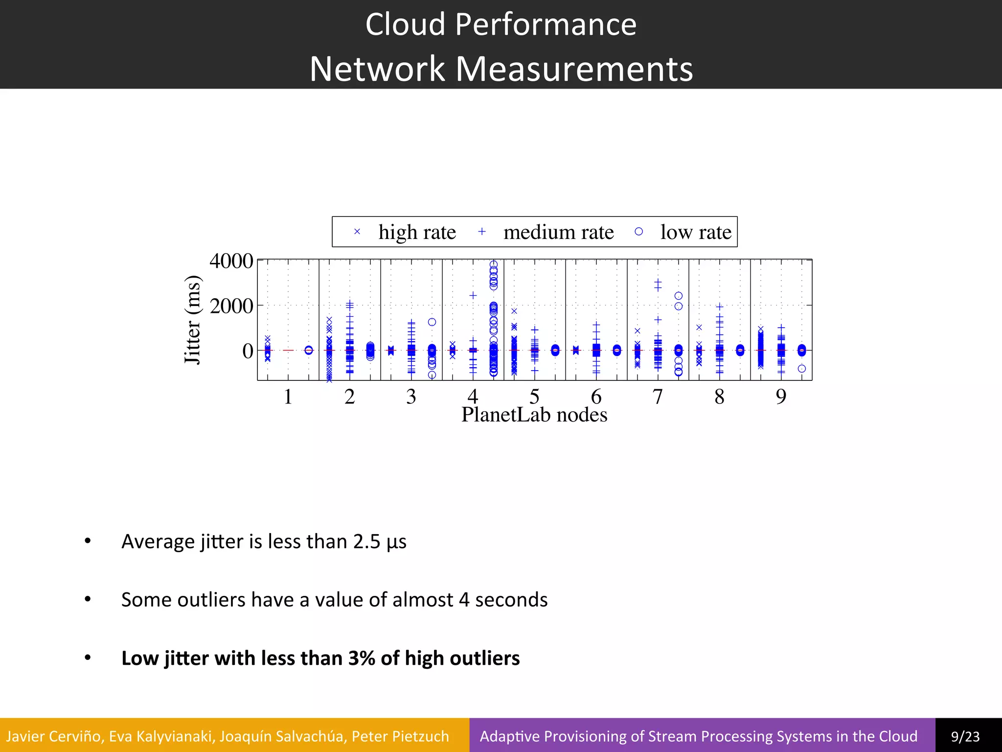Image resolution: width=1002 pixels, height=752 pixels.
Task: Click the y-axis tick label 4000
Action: [x=231, y=261]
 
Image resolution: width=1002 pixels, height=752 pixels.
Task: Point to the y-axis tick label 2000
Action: [x=231, y=306]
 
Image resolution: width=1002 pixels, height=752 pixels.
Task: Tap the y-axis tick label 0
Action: [x=248, y=351]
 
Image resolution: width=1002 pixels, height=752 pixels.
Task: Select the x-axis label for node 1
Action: [x=288, y=397]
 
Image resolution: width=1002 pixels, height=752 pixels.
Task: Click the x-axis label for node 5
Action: [x=534, y=397]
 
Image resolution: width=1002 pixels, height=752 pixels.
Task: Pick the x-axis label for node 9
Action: [x=781, y=397]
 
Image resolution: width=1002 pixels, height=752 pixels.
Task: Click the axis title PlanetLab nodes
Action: [x=534, y=415]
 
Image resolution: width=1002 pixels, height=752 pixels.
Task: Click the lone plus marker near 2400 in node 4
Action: [x=473, y=295]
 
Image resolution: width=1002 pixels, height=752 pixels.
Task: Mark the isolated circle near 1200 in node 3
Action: [x=432, y=322]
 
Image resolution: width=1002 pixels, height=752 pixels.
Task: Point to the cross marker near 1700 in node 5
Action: [x=514, y=311]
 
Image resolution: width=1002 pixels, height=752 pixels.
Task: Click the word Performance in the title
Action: [x=546, y=24]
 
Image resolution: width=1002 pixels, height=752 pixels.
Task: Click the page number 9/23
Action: [x=965, y=736]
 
